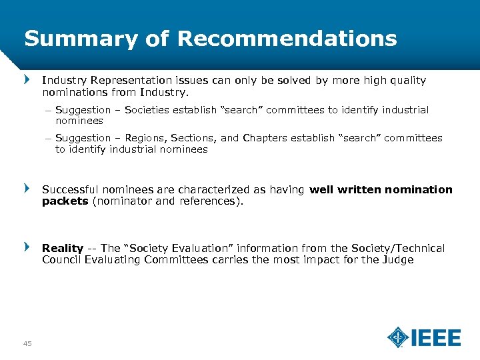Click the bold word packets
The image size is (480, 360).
pos(65,201)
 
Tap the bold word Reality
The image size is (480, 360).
pos(63,248)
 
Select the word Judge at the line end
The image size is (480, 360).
pos(398,259)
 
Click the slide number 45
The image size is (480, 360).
pos(27,343)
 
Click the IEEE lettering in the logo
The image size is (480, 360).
pos(436,338)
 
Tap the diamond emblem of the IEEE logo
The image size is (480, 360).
pos(398,337)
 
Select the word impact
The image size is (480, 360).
pos(313,259)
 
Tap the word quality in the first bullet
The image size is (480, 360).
pos(407,80)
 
